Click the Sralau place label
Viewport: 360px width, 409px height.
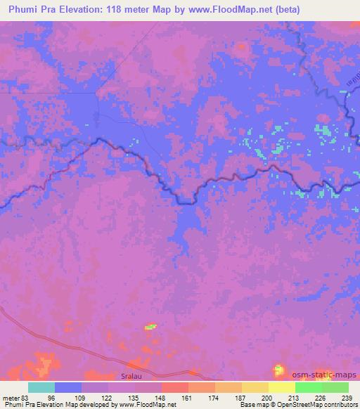(133, 377)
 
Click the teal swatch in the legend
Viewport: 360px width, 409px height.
(41, 387)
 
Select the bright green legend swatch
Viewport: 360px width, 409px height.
(308, 387)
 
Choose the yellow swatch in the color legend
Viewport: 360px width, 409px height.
(281, 387)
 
